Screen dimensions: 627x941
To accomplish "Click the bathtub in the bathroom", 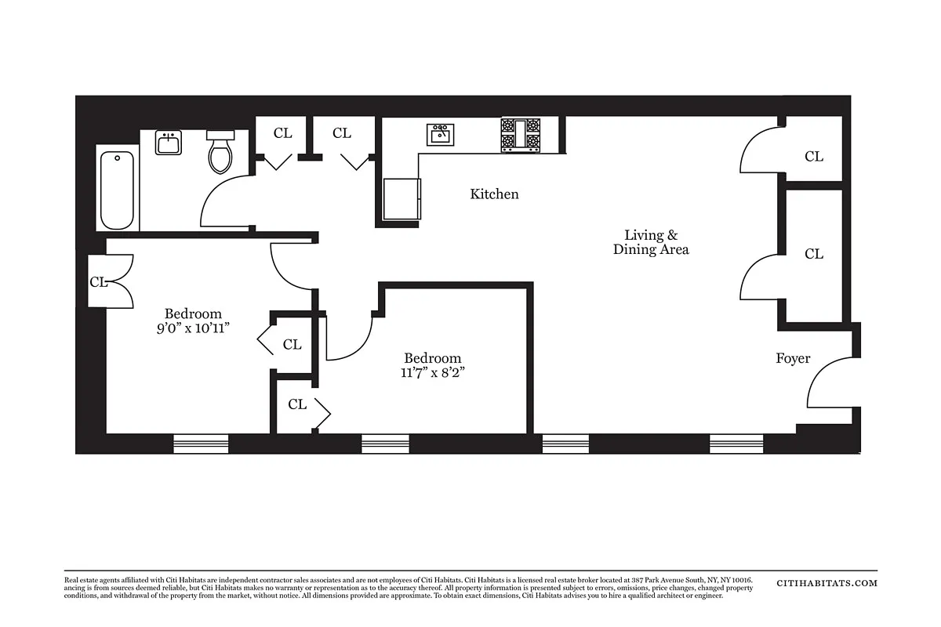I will [x=118, y=188].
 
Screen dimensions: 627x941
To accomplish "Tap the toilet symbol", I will [x=220, y=154].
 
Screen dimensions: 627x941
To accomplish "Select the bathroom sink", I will [x=168, y=143].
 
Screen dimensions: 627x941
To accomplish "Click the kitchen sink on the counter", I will [x=440, y=134].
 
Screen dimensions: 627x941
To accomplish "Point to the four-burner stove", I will [x=521, y=134].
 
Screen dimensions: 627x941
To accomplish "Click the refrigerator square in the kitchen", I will [x=401, y=198].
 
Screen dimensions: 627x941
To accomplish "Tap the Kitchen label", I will [x=494, y=194].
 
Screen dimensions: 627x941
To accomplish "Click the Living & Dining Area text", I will [x=651, y=242].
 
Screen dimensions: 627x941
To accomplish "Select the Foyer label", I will [x=793, y=358].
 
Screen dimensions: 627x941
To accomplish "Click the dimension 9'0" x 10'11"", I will [x=193, y=328].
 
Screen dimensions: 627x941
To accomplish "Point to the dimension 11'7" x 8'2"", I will [x=432, y=372].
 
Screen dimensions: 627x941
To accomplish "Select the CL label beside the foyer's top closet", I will [x=814, y=157].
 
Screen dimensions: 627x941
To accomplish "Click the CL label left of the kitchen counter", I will [x=342, y=133].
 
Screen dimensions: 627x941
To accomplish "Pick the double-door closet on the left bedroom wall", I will [x=110, y=281].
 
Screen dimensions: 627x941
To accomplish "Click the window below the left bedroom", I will [x=201, y=444].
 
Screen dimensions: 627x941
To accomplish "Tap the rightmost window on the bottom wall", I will [x=736, y=444].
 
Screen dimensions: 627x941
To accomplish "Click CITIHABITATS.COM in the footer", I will [x=827, y=583].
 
